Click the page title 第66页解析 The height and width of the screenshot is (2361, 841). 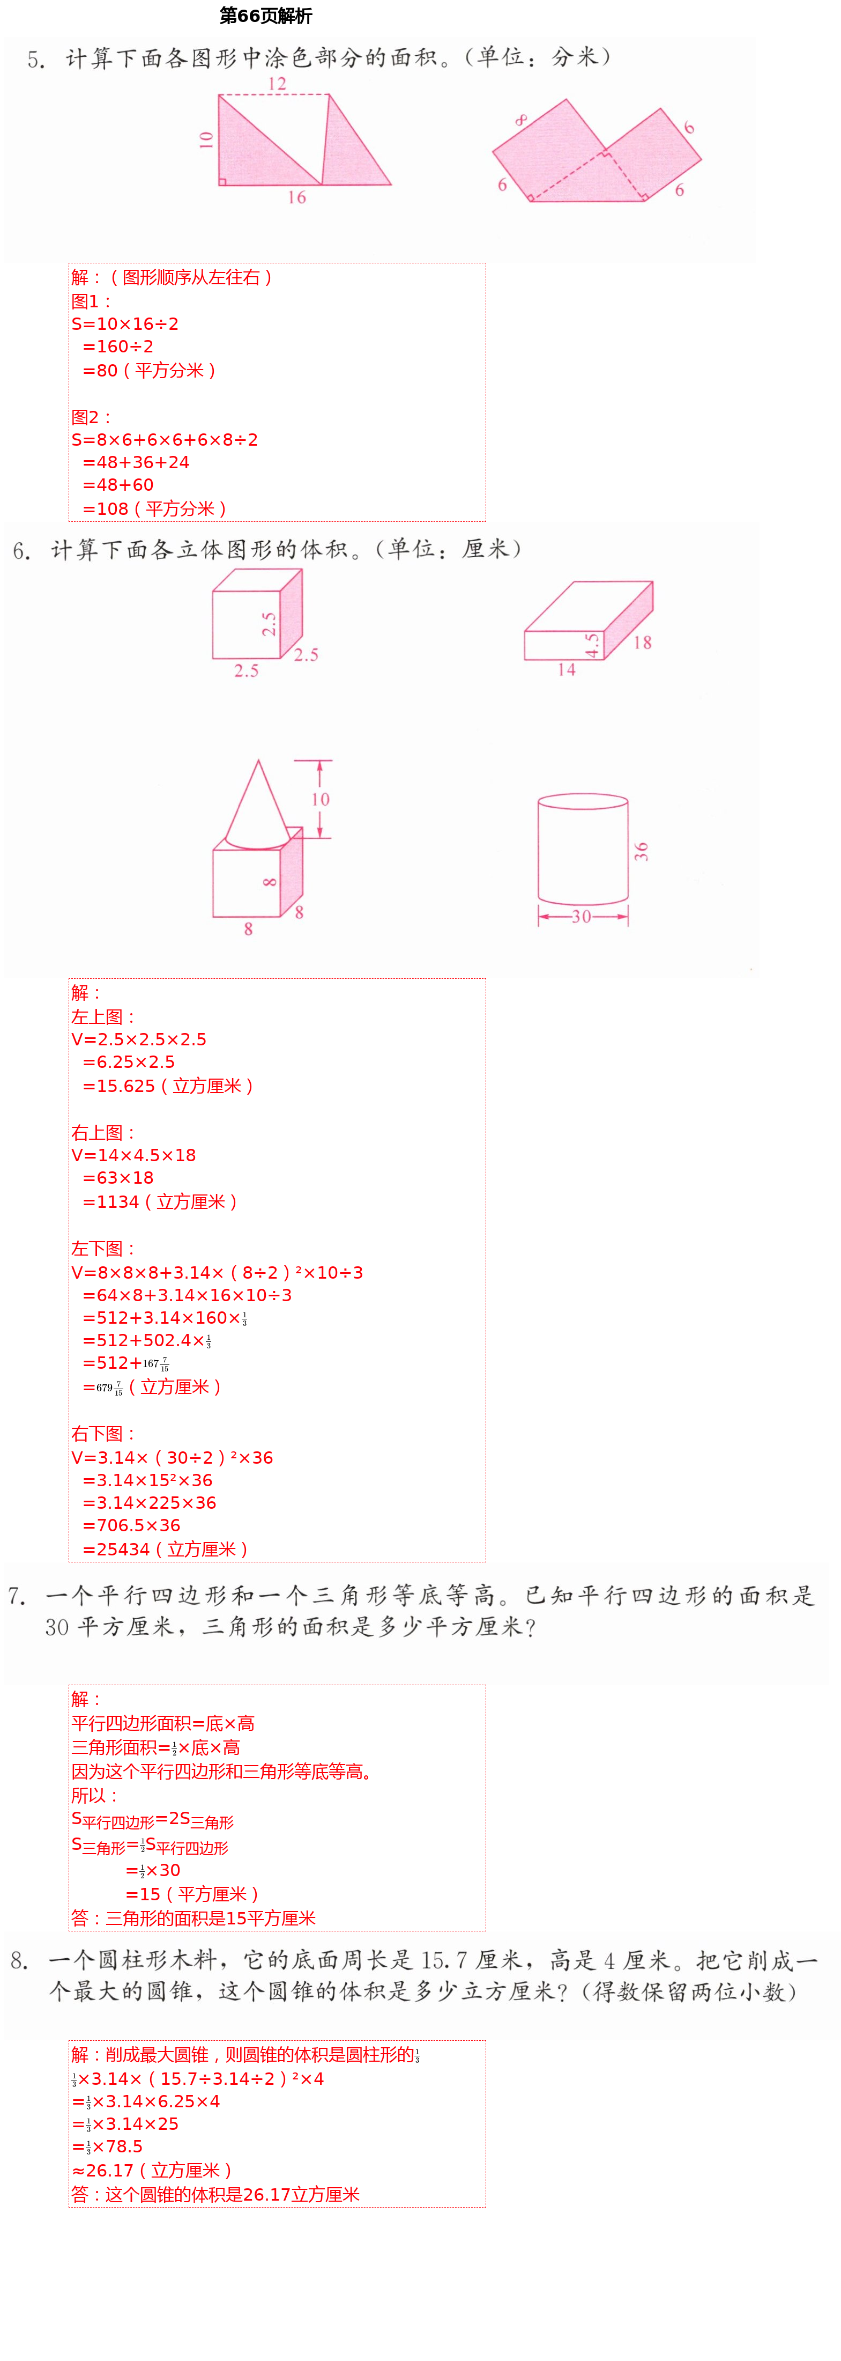pos(266,16)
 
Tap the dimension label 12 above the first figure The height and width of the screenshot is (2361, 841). pos(277,84)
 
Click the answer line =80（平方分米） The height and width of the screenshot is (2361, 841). pos(150,370)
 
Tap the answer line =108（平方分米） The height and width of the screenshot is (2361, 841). pos(154,508)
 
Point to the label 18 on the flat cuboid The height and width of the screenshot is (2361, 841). pos(642,643)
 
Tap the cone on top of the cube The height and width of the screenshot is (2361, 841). pos(257,807)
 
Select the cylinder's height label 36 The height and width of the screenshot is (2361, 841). pos(641,851)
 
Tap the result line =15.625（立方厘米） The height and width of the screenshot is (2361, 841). pos(168,1086)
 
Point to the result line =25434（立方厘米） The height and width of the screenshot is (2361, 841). pos(165,1549)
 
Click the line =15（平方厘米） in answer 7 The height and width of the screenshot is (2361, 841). pos(192,1893)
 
